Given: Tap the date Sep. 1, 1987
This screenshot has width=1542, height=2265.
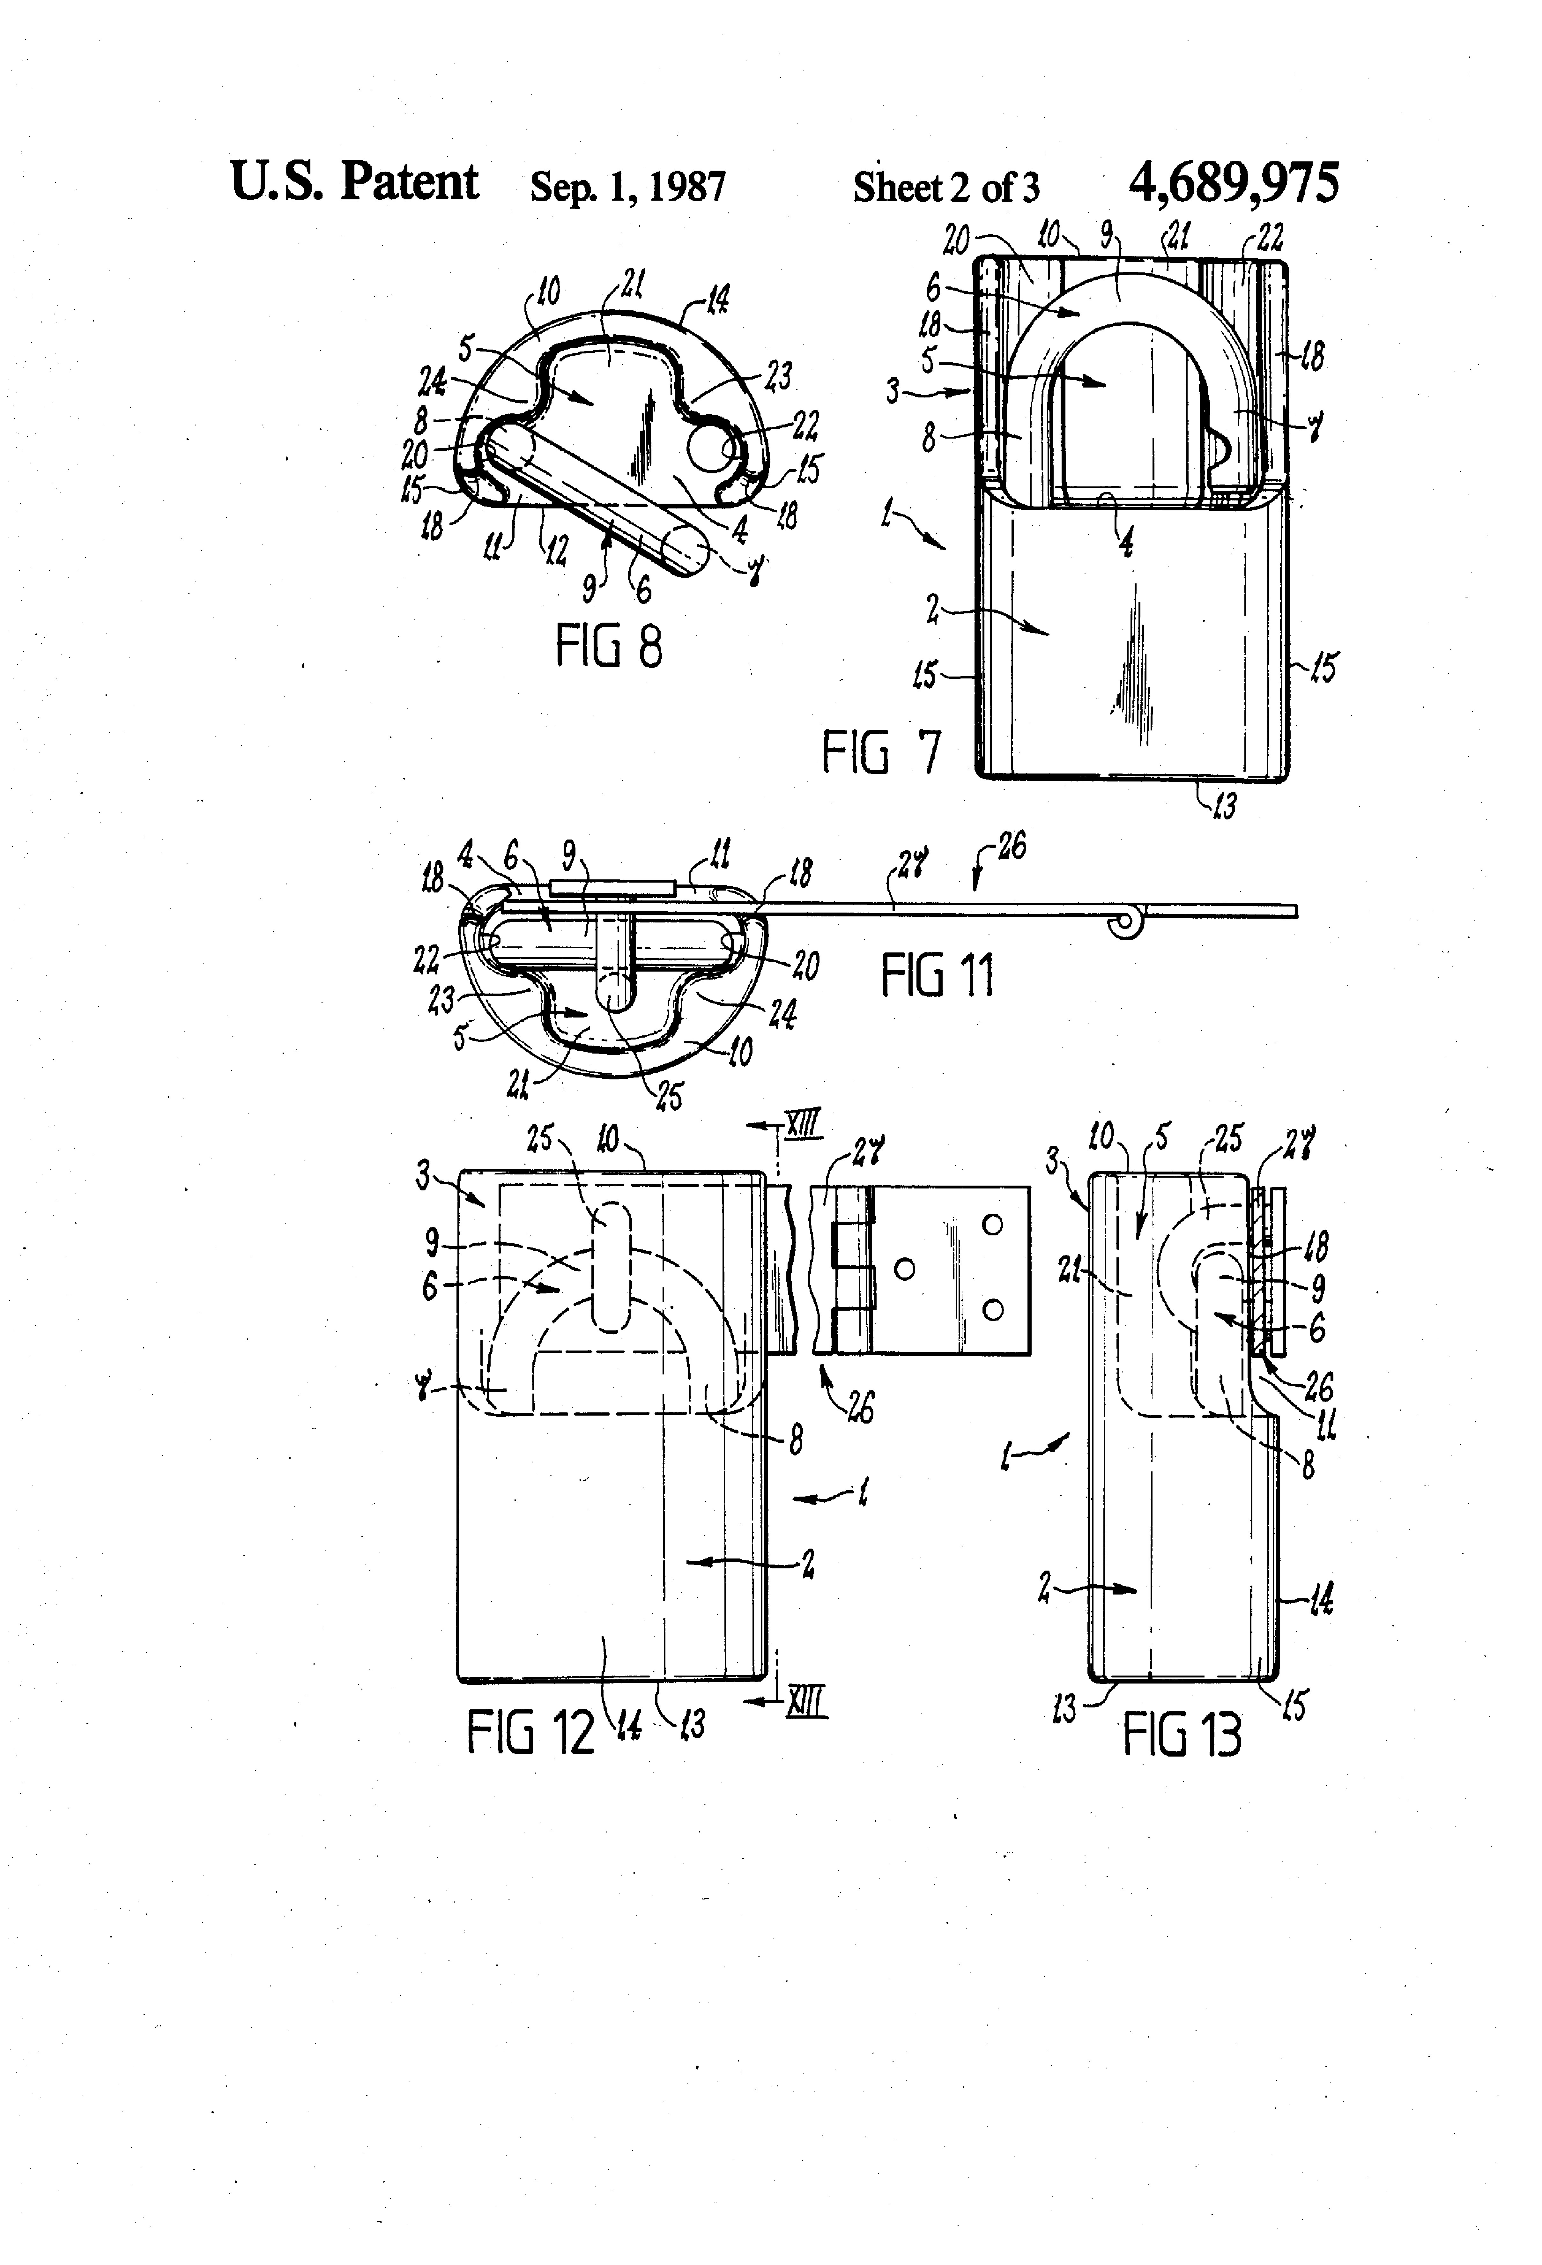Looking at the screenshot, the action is pyautogui.click(x=628, y=186).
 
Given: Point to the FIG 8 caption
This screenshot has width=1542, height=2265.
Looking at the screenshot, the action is pyautogui.click(x=608, y=645).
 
